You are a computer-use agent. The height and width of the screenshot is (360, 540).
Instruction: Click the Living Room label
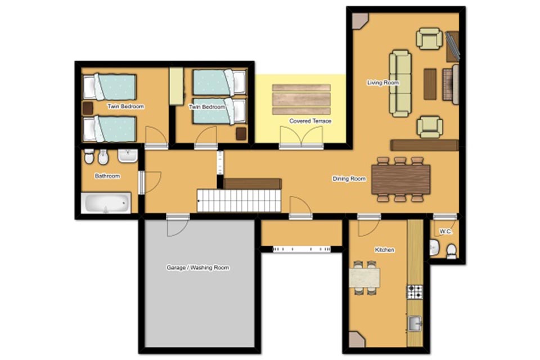383,83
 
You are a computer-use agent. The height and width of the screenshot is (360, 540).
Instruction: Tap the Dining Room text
349,179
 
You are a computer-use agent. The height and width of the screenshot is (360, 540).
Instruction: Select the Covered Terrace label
310,121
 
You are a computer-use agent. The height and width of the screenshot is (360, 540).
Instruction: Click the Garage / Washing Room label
197,268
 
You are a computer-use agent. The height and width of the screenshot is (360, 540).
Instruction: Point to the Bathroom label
107,176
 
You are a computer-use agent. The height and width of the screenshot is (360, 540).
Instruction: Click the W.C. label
445,232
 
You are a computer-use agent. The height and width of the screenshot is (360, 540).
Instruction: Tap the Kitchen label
385,250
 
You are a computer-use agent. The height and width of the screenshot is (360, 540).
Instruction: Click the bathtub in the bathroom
106,203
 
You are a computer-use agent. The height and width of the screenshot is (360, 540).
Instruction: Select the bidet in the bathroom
103,157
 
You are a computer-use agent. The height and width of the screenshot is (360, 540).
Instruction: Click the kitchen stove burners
415,292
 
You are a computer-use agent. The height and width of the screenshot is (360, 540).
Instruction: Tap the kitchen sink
415,323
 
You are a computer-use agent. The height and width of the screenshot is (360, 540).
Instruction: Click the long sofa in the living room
400,83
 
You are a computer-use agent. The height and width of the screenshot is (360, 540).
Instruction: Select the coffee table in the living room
430,84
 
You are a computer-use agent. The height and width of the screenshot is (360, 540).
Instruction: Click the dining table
401,179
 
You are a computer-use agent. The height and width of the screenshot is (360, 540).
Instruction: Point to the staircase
239,201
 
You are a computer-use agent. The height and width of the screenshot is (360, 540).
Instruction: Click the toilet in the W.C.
451,251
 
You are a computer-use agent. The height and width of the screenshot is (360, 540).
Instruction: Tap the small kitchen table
364,278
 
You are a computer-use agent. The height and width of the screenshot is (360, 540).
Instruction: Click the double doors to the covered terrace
301,137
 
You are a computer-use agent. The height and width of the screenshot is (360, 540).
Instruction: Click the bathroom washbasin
128,155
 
